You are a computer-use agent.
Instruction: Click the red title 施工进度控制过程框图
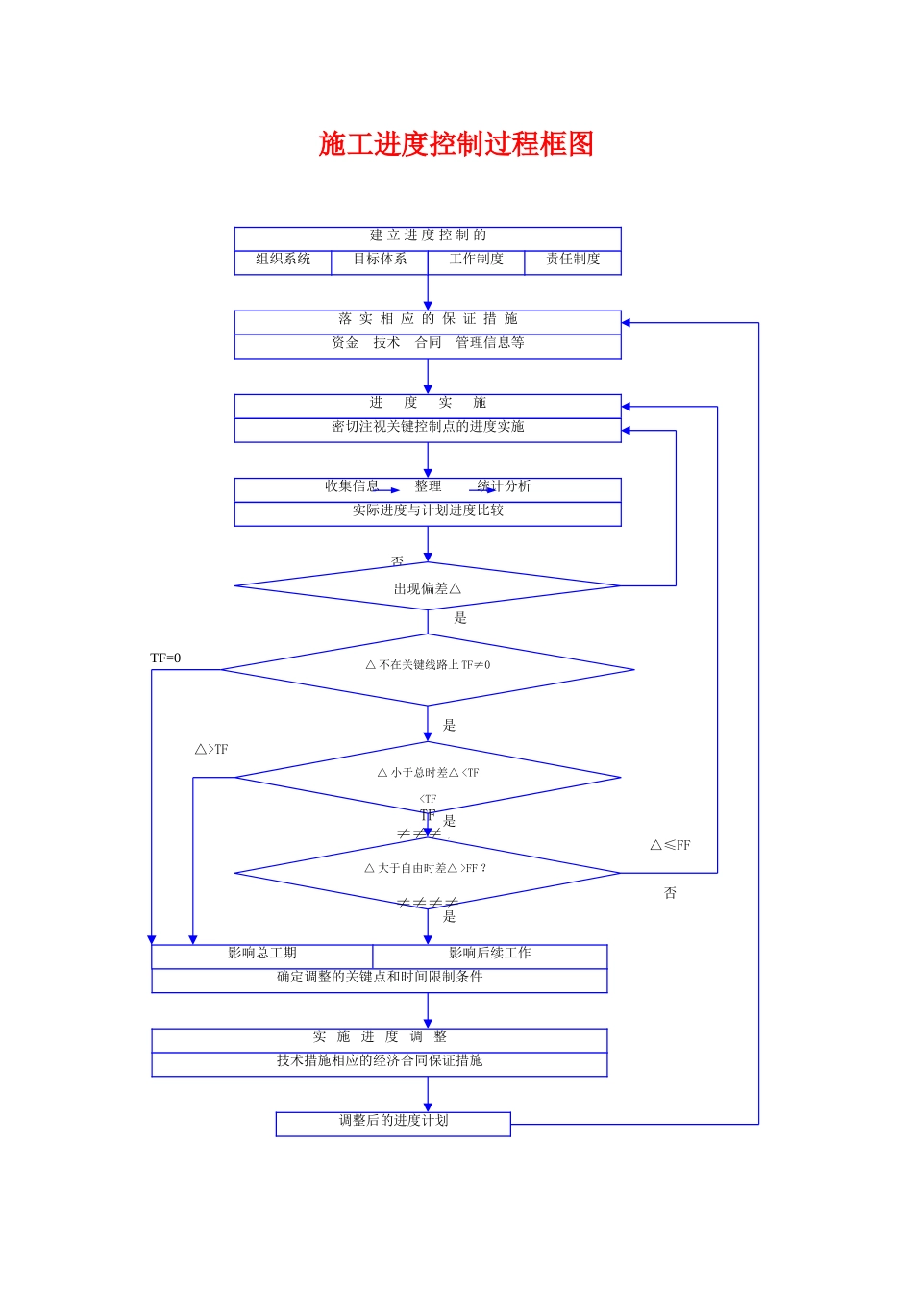pos(456,144)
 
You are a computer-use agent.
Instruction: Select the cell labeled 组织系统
pos(283,260)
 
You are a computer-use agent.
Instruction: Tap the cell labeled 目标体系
pos(380,260)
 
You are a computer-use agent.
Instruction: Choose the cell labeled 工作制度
pos(476,260)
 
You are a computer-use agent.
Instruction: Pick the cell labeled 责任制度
pos(573,260)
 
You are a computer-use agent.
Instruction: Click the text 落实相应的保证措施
pos(428,319)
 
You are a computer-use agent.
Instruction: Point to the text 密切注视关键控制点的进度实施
pos(428,427)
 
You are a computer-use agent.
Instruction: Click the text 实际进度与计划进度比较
pos(428,510)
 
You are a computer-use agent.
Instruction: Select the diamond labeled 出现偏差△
pos(428,587)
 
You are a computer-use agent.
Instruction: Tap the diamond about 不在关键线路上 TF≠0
pos(428,666)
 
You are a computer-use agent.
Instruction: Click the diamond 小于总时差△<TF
pos(428,774)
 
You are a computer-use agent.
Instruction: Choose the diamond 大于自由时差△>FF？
pos(428,870)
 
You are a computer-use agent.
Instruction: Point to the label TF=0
pos(165,658)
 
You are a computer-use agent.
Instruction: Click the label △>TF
pos(211,750)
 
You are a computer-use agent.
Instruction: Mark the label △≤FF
pos(670,846)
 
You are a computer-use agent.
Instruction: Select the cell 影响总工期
pos(261,954)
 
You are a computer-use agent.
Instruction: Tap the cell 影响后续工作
pos(489,954)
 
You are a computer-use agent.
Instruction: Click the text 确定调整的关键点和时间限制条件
pos(380,978)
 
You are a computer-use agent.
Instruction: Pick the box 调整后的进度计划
pos(393,1122)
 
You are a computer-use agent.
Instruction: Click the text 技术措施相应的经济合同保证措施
pos(380,1061)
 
